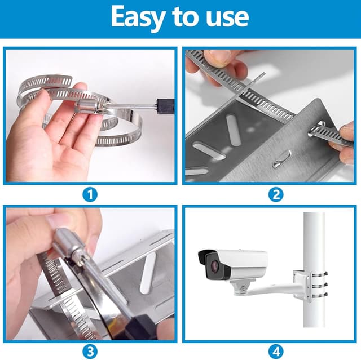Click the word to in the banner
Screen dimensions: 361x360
(186, 16)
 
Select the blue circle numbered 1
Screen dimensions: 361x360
(90, 194)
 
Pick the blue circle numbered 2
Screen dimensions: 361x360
(276, 194)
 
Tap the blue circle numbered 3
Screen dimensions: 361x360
(90, 352)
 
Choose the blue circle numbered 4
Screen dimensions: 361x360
(276, 352)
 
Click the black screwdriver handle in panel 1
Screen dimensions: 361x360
(165, 106)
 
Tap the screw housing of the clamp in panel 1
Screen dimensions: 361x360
(87, 106)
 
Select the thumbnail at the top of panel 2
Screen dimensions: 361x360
(217, 57)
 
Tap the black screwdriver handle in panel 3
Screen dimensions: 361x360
(143, 326)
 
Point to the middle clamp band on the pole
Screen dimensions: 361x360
(319, 285)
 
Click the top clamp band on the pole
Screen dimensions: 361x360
(319, 274)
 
